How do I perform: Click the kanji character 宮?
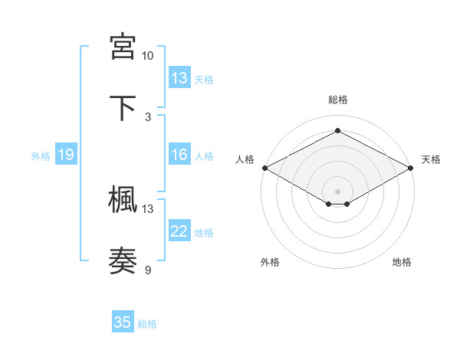tap(123, 47)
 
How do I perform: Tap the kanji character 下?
tap(123, 107)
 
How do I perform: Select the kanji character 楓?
tap(123, 199)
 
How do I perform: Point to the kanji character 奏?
tap(123, 260)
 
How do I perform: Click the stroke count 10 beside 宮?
tap(147, 56)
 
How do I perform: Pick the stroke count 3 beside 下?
tap(148, 116)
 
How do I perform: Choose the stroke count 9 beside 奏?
tap(148, 269)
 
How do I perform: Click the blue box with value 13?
tap(179, 77)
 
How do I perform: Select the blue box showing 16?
tap(179, 155)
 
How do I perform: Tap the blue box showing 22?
tap(179, 231)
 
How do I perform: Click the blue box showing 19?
tap(65, 155)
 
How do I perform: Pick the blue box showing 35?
tap(123, 322)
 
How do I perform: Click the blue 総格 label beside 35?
tap(147, 324)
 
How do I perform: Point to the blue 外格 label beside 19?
tap(41, 156)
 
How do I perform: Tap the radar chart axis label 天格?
tap(431, 159)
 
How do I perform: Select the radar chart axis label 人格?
tap(245, 159)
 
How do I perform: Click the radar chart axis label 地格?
tap(402, 262)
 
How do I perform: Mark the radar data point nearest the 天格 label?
tap(412, 168)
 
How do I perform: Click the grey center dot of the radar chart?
tap(337, 191)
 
